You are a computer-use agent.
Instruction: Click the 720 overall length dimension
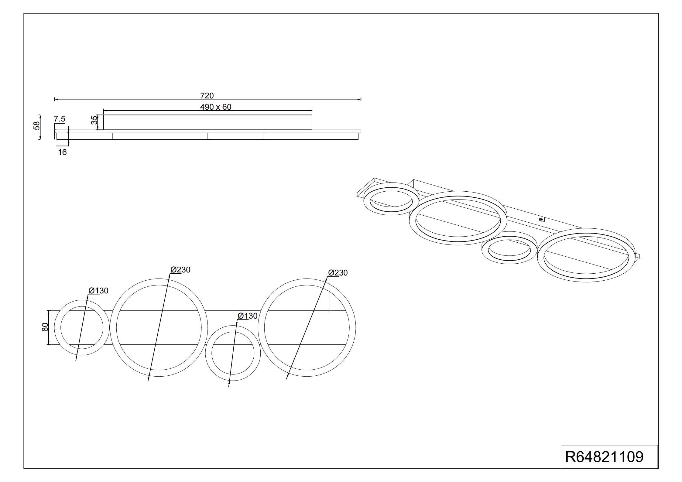[207, 96]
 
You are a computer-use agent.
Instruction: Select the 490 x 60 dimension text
[216, 107]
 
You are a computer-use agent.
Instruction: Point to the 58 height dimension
[37, 125]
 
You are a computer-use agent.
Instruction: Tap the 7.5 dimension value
[60, 119]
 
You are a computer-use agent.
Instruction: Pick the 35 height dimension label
[95, 120]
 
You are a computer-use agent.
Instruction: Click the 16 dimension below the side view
[62, 152]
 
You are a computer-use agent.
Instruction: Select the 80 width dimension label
[45, 327]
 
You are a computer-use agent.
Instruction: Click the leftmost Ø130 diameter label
[98, 291]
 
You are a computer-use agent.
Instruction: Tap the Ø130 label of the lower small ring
[248, 316]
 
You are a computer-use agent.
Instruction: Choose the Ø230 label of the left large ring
[180, 270]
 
